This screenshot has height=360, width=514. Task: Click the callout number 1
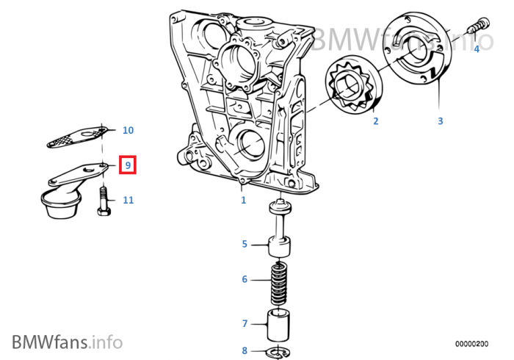coord(243,200)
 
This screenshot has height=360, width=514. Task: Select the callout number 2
coord(375,121)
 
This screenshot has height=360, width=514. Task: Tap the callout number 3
coord(441,120)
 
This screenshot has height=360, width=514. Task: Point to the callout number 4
coord(476,48)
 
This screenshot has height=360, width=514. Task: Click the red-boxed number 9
coord(128,165)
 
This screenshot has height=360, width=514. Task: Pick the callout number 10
coord(128,131)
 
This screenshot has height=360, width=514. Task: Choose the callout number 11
coord(128,200)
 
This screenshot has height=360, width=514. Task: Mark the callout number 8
coord(245,350)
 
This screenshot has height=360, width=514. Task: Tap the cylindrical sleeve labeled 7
coord(278,323)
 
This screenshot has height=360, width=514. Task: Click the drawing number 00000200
coord(471,343)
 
